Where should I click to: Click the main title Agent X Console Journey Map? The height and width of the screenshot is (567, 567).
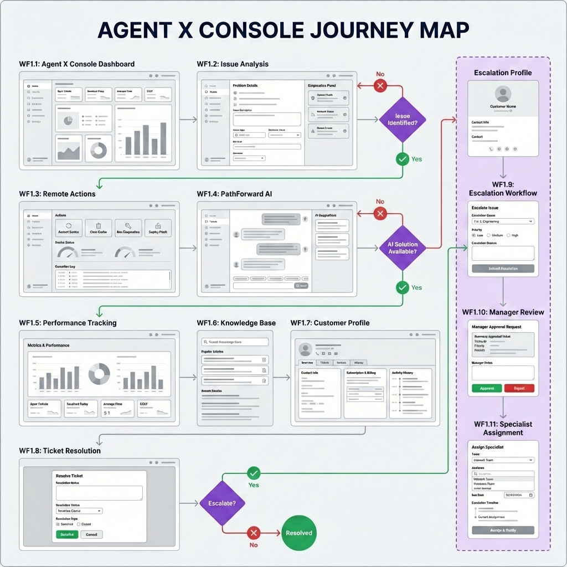(283, 30)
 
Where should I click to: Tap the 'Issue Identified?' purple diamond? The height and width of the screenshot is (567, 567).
(403, 120)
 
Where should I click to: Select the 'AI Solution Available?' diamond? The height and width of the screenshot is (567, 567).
(403, 248)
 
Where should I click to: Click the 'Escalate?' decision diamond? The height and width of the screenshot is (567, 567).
(221, 503)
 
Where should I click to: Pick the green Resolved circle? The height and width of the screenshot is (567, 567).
(299, 533)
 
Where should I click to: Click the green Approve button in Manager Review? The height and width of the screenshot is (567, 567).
(487, 388)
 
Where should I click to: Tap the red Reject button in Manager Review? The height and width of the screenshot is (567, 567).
(519, 388)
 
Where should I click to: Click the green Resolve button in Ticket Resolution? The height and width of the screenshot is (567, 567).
(66, 534)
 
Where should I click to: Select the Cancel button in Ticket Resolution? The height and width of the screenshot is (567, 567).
(91, 534)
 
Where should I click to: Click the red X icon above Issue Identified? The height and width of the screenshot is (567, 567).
(380, 85)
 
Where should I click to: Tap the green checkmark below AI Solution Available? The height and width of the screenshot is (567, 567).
(403, 287)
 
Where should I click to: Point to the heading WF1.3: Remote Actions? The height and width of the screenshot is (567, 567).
(57, 194)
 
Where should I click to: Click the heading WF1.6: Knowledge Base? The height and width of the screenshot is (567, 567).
(236, 323)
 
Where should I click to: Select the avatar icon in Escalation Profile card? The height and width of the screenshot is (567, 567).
(503, 93)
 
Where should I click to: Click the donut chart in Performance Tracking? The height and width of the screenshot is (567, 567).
(100, 374)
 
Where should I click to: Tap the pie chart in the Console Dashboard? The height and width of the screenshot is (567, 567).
(69, 120)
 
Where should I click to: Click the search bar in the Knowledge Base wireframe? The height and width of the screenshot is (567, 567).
(235, 342)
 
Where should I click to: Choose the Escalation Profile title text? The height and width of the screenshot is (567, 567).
(503, 73)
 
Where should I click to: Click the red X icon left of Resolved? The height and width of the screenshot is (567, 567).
(254, 533)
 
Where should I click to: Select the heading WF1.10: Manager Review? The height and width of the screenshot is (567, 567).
(503, 312)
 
